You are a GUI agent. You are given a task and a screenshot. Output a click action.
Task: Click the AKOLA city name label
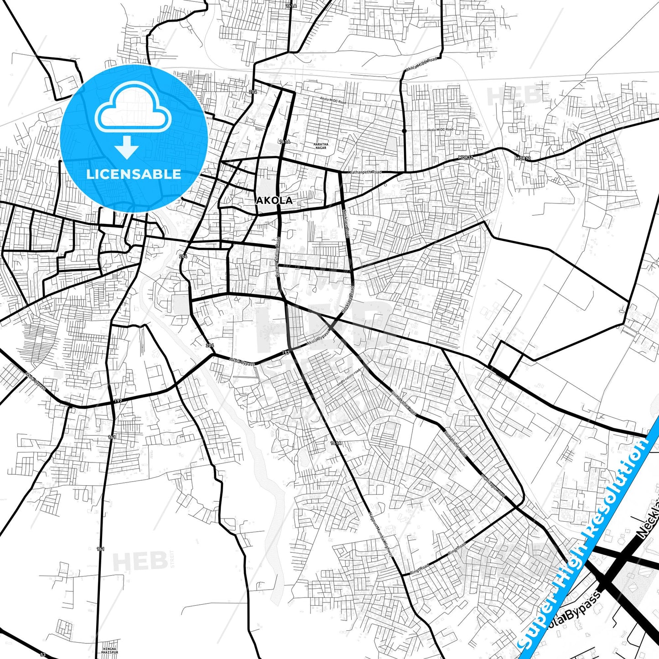click(x=274, y=201)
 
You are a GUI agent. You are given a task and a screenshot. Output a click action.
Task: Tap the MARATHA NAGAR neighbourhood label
click(x=321, y=146)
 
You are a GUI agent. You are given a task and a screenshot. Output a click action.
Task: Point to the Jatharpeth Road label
click(x=365, y=172)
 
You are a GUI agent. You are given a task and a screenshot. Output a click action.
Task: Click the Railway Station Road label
click(x=277, y=260)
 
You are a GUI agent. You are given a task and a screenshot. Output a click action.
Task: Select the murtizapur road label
click(x=493, y=486)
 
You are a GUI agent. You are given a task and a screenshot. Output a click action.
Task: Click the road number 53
click(x=43, y=655)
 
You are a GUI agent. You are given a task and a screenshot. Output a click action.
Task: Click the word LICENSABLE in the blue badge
click(x=134, y=174)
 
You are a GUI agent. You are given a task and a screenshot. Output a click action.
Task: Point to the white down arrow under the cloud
click(x=127, y=147)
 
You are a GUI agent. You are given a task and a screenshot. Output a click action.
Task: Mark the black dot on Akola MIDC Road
click(x=405, y=131)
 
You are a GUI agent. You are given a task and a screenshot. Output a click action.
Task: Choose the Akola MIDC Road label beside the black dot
click(x=440, y=130)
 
